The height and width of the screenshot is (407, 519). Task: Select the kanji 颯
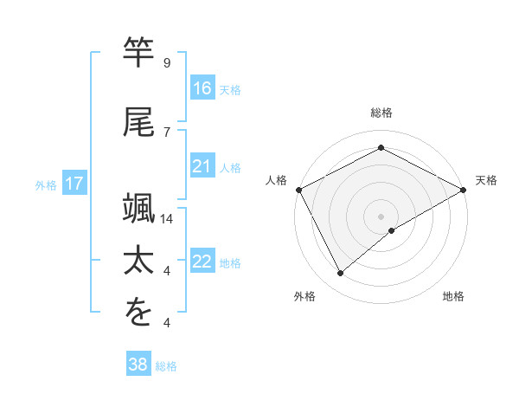pos(138,208)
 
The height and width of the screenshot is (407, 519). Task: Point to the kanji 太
pos(138,260)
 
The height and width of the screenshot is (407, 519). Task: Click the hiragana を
pos(138,313)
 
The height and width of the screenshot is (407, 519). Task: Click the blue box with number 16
pos(202,87)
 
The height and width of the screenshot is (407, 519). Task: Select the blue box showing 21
pos(202,166)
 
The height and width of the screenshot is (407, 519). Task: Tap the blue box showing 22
pos(202,262)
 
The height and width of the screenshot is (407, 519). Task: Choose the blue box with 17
pos(74,184)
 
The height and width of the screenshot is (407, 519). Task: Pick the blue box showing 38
pos(138,365)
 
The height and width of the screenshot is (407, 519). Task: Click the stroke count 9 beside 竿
pos(166,62)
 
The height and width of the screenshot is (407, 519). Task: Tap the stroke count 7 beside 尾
pos(166,132)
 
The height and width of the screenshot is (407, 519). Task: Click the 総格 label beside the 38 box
pos(167,366)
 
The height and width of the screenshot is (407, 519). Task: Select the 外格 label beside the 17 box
pos(46,184)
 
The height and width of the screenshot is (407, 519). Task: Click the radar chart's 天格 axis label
pos(486,180)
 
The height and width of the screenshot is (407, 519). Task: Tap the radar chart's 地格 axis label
pos(453,296)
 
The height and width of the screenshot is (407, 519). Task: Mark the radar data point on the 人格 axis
pos(298,190)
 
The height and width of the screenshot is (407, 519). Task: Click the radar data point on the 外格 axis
pos(341,274)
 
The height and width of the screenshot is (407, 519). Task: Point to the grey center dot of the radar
pos(381,216)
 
